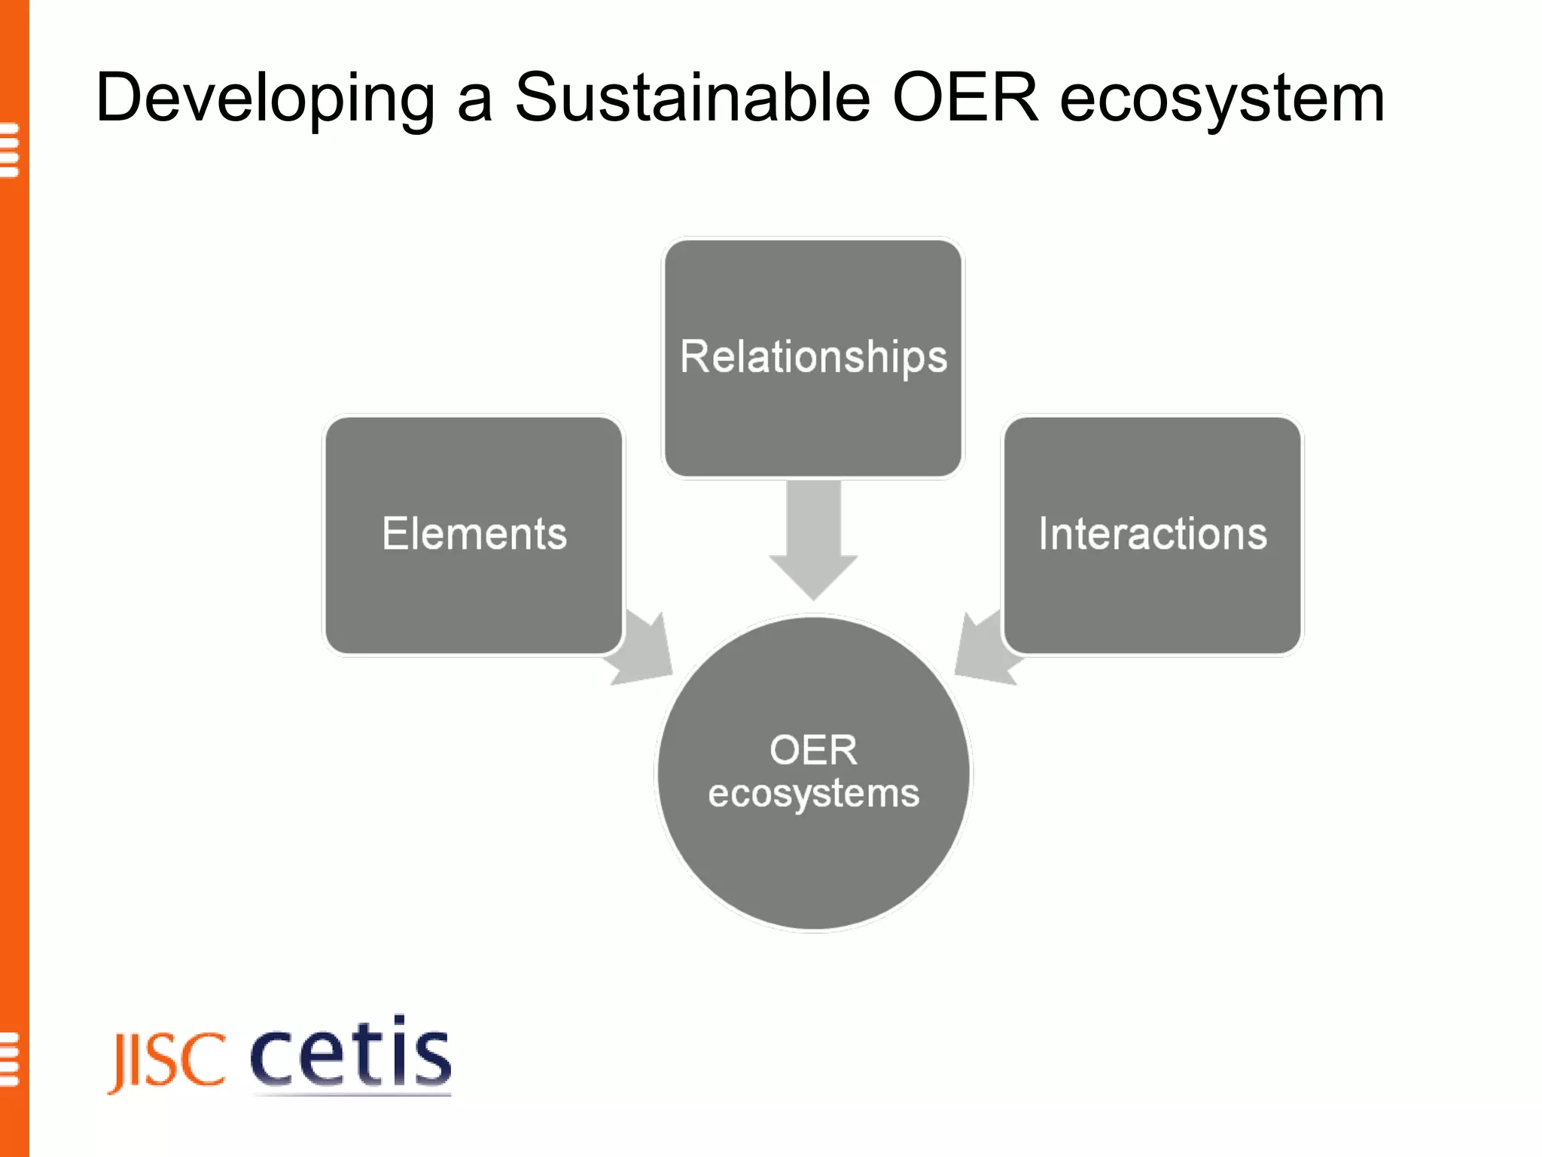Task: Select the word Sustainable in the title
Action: (x=692, y=98)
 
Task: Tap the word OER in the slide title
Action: (x=965, y=98)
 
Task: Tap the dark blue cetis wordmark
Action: (x=350, y=1053)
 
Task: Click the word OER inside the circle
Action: (x=813, y=750)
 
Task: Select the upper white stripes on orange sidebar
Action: (x=9, y=150)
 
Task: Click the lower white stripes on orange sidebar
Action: (x=9, y=1059)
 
